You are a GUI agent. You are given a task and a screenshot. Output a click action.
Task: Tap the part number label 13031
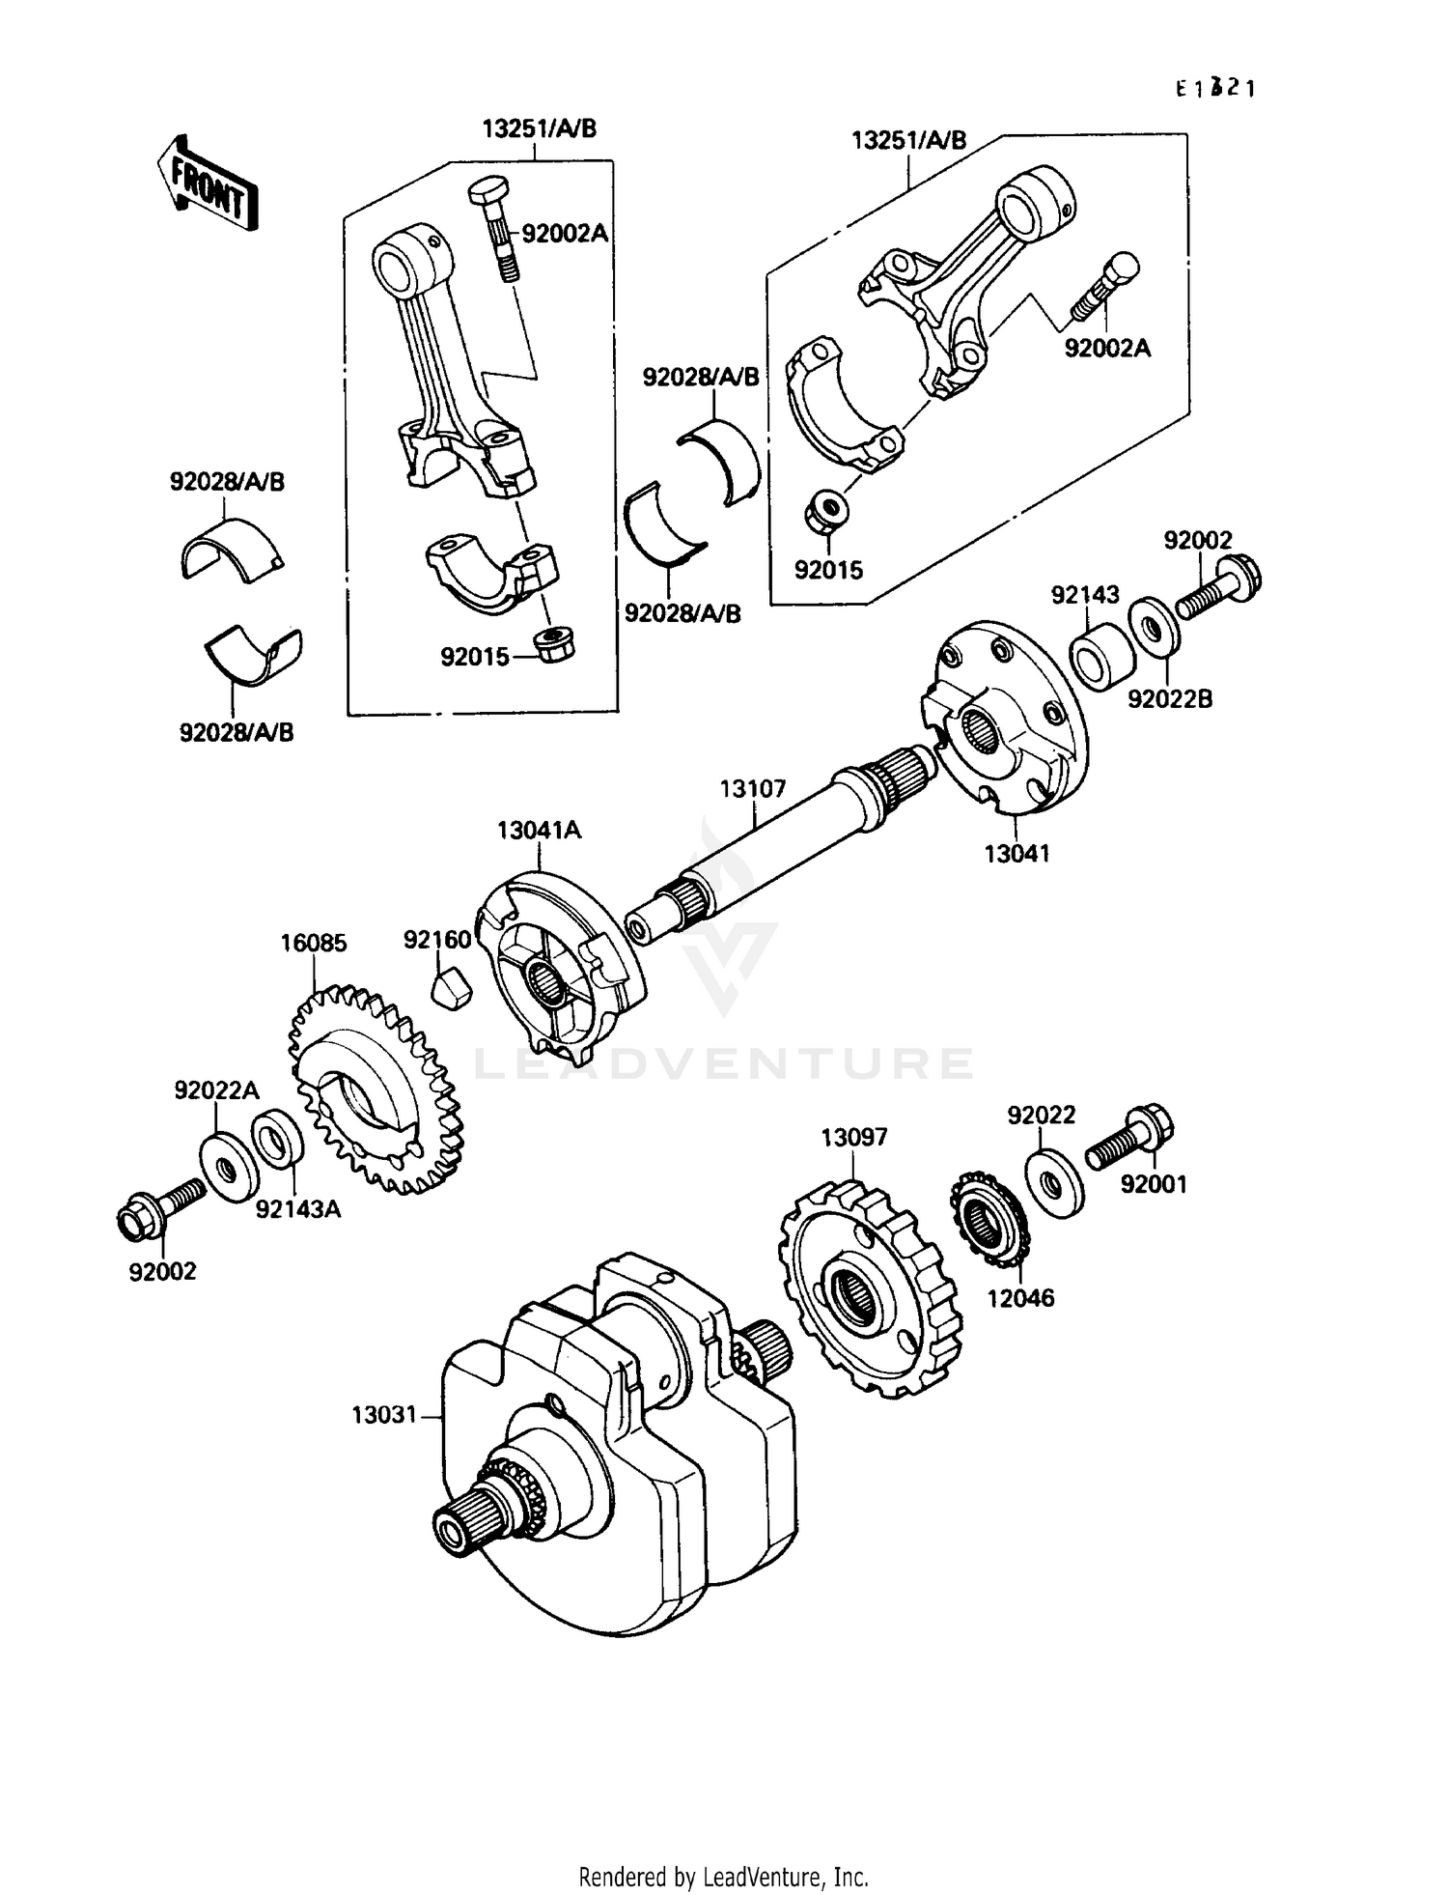pyautogui.click(x=383, y=1415)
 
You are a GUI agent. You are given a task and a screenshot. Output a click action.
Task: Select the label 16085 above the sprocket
pyautogui.click(x=314, y=943)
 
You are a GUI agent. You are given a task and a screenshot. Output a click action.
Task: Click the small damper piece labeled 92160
pyautogui.click(x=450, y=990)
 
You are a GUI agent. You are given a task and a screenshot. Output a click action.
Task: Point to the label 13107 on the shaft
pyautogui.click(x=753, y=789)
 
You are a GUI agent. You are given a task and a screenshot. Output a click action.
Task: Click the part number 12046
pyautogui.click(x=1020, y=1298)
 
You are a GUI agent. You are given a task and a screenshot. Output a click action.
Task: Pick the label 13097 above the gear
pyautogui.click(x=854, y=1138)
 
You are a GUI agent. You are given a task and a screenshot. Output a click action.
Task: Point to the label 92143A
pyautogui.click(x=298, y=1208)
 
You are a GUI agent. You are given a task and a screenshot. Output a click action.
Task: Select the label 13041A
pyautogui.click(x=540, y=831)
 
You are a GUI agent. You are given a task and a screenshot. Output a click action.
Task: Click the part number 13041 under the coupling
pyautogui.click(x=1016, y=854)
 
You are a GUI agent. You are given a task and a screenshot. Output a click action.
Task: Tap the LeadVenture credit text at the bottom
pyautogui.click(x=723, y=1876)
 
